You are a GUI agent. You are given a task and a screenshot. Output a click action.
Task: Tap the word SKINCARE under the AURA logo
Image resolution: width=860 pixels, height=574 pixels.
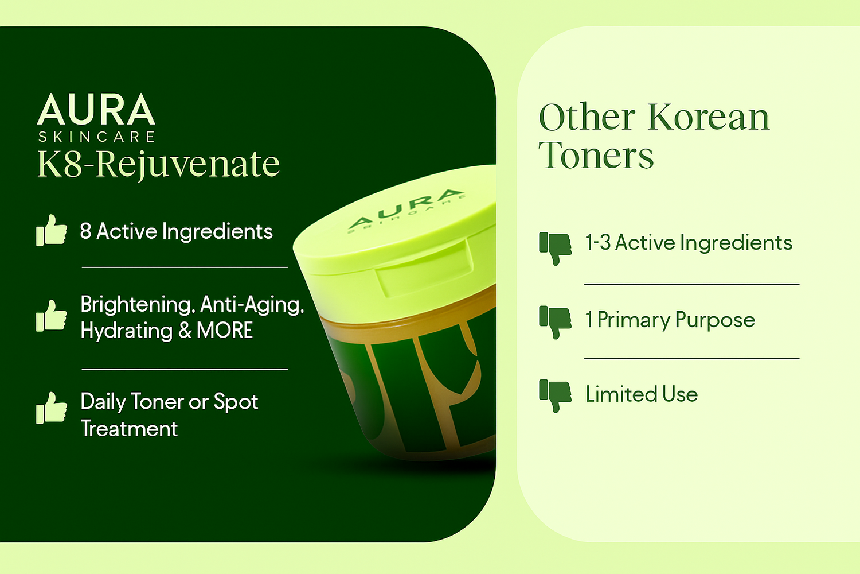(96, 137)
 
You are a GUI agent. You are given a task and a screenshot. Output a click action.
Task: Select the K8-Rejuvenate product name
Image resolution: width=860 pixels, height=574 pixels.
(159, 165)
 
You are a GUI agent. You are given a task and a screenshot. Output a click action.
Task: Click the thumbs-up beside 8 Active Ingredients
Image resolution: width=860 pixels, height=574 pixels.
(52, 230)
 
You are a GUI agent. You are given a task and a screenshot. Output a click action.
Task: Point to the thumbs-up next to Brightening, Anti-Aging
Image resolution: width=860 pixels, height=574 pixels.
(52, 316)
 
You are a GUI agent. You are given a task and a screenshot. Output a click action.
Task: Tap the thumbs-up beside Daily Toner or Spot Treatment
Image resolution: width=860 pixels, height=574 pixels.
(52, 408)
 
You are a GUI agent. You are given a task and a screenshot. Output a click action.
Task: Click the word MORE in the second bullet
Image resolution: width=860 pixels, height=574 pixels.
(225, 330)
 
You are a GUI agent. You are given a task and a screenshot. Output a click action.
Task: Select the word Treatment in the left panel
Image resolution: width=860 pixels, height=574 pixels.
(130, 429)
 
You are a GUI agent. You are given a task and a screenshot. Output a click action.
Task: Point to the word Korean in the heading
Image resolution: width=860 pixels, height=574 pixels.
(709, 117)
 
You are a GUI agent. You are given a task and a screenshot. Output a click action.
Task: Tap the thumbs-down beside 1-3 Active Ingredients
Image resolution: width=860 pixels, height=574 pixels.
(555, 249)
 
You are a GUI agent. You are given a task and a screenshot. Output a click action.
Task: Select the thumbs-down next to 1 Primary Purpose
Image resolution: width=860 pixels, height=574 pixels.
(555, 322)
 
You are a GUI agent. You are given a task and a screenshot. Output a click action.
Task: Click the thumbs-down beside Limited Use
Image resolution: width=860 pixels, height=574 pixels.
(555, 396)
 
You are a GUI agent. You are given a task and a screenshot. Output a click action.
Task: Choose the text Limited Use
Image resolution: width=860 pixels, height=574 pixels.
(642, 394)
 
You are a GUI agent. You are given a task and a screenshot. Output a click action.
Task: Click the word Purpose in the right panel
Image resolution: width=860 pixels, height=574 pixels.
(715, 321)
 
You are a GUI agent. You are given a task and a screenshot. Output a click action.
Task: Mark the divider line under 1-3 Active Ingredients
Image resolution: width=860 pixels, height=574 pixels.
(692, 285)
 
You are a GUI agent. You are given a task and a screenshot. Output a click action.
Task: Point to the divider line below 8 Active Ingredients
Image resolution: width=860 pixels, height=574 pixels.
(185, 267)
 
